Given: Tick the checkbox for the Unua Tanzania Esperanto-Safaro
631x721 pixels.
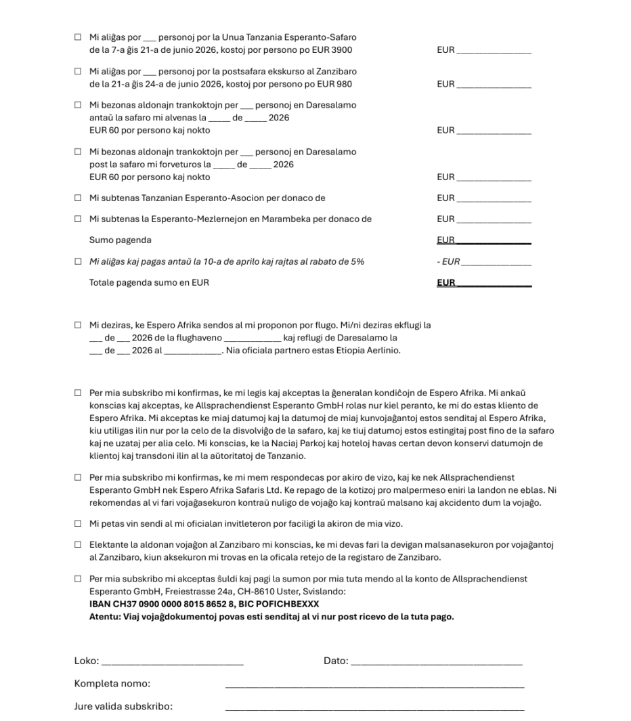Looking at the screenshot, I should point(78,37).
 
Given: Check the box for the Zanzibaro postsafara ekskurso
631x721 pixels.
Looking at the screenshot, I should point(78,71).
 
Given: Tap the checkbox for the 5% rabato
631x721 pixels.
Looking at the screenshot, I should point(78,262).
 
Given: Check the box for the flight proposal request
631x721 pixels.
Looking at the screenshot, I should point(78,326).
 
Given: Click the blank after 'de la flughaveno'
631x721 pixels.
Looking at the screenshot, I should point(252,338).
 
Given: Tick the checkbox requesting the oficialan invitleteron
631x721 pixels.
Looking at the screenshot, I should point(78,524).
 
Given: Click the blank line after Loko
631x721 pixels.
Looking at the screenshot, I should point(172,661).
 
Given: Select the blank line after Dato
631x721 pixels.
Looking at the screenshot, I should point(437,661).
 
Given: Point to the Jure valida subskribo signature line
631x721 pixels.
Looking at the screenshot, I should point(374,708).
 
